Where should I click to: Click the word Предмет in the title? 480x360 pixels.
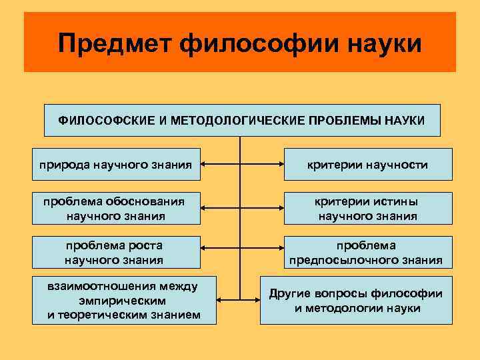pos(115,43)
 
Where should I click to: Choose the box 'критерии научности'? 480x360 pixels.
pos(368,164)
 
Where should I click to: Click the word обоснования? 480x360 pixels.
pos(147,201)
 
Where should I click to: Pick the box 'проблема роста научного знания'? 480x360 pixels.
pos(114,252)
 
